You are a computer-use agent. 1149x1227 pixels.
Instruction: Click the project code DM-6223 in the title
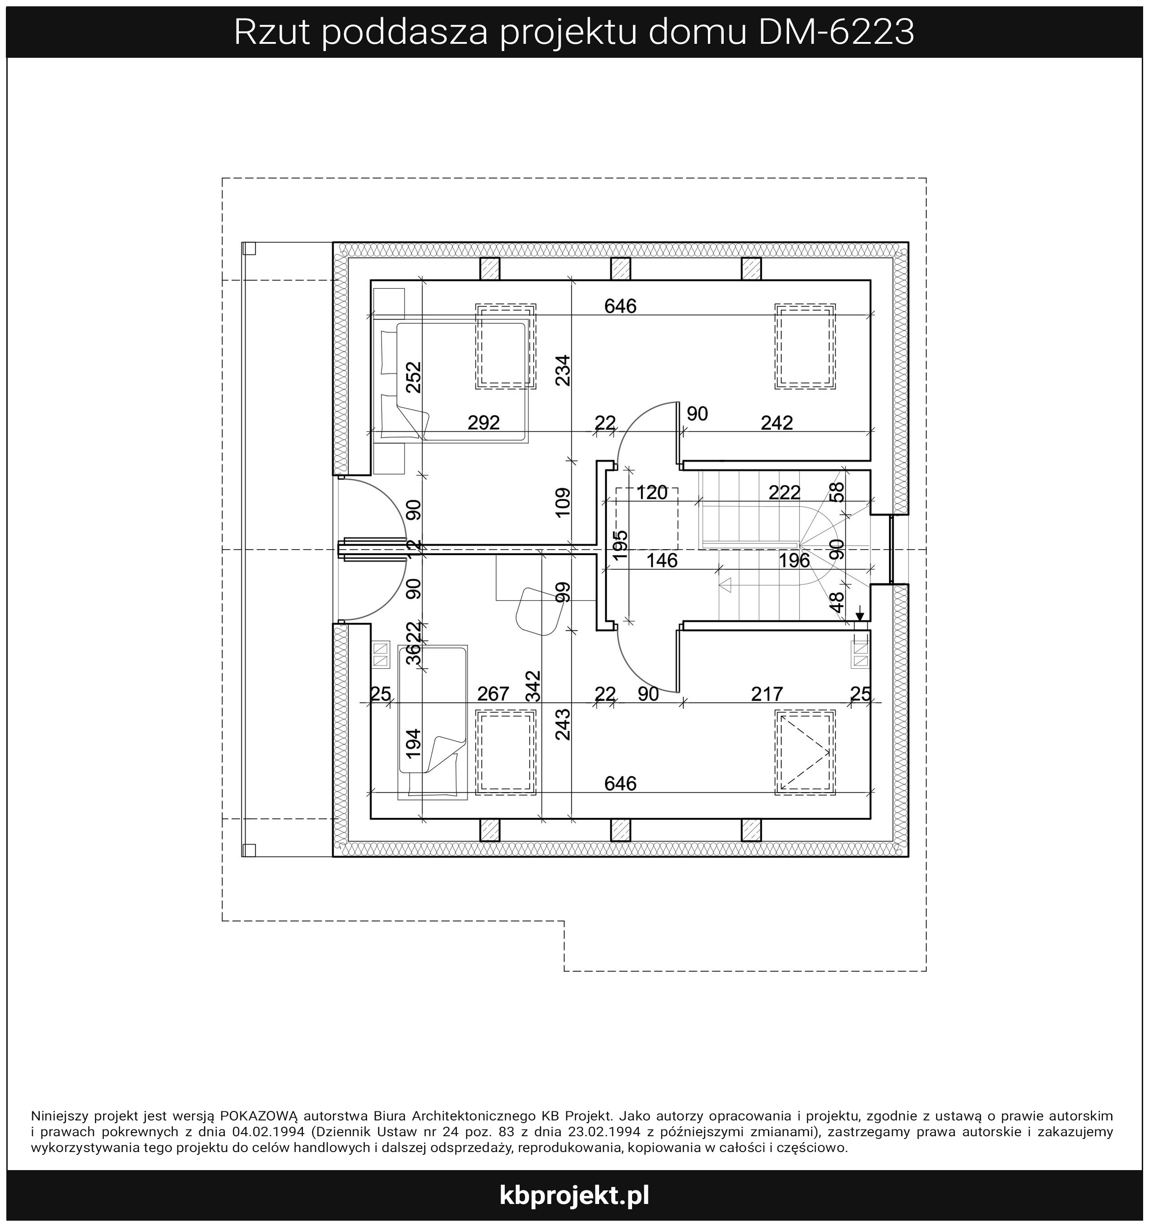[x=836, y=32]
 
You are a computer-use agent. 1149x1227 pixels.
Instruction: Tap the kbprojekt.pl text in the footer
[x=574, y=1195]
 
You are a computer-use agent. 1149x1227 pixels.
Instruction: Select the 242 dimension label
[x=777, y=423]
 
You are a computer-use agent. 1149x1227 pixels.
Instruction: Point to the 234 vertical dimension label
[x=563, y=370]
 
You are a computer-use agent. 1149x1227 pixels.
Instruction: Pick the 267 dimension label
[x=493, y=694]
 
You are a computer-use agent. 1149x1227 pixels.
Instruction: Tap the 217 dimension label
[x=767, y=694]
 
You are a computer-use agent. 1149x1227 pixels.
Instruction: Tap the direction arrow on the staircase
[x=726, y=584]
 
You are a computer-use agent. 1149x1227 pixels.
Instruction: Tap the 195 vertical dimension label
[x=620, y=545]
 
